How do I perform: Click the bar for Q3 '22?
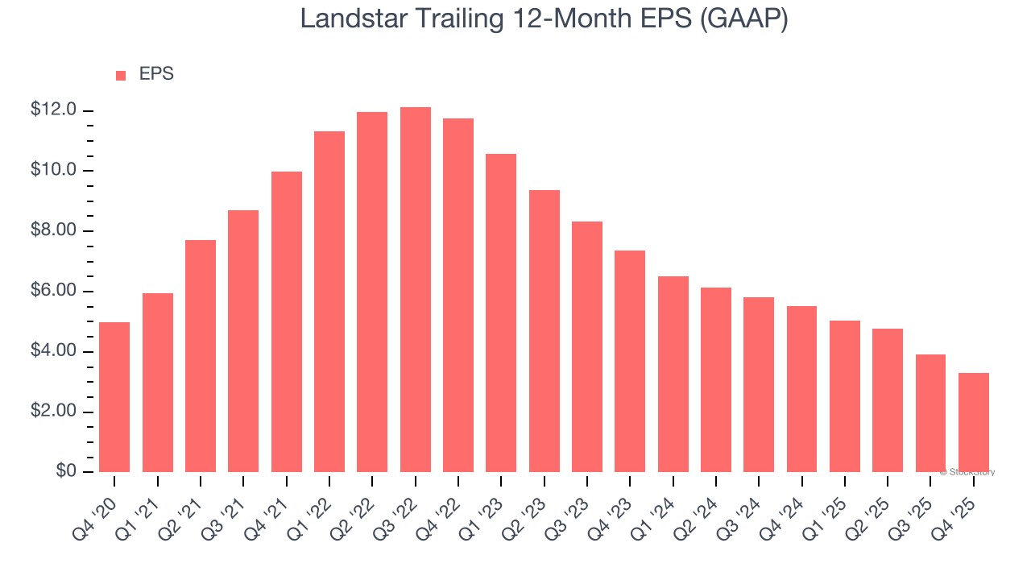415,289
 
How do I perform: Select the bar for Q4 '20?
114,397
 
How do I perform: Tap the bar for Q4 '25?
973,422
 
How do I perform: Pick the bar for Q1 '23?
501,313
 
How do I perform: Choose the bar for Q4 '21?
286,321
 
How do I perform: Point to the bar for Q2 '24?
715,379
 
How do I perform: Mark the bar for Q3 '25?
930,413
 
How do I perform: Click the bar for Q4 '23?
630,361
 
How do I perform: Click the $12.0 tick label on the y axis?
53,110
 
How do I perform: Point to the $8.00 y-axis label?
53,231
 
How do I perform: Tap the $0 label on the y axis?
66,471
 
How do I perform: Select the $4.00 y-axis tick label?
53,352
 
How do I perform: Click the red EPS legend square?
121,76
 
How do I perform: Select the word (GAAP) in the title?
743,18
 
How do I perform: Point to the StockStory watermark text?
967,472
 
